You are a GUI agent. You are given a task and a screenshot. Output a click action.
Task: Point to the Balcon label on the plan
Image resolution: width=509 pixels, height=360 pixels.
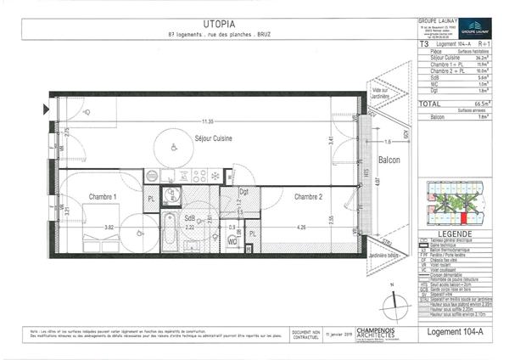coord(389,159)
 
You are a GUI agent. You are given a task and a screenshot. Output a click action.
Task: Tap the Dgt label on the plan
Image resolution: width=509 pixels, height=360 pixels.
coord(243,192)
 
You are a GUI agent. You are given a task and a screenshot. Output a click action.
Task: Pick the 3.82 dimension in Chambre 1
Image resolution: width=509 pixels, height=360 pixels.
coord(109,228)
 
